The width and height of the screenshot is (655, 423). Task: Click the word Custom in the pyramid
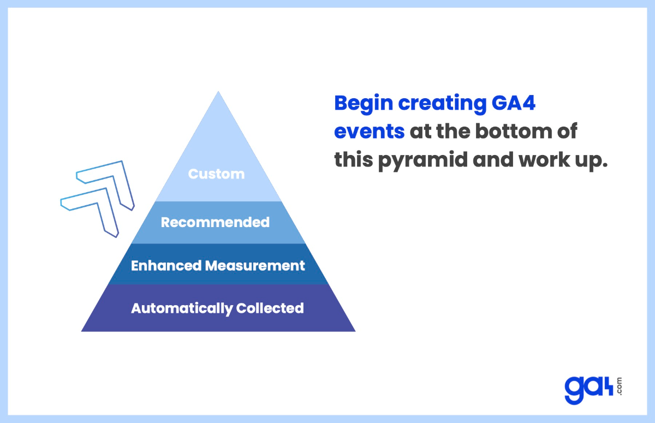216,174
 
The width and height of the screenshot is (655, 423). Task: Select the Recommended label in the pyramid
215,222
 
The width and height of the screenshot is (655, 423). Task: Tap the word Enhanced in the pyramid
166,266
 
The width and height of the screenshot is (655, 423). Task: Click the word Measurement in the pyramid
255,266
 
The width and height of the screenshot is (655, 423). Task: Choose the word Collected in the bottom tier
270,308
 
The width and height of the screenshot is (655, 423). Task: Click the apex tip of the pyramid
218,92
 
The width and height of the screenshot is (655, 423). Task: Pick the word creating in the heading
437,104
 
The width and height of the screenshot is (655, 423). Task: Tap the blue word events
369,132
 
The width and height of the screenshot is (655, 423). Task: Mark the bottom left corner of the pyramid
82,331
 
